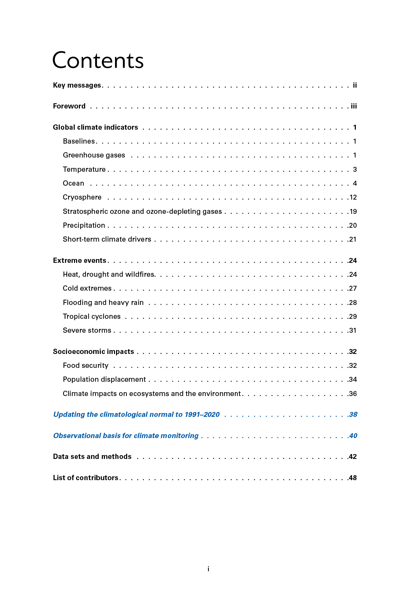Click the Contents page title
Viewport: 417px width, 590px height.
(x=98, y=60)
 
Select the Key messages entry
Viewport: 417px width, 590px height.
(x=77, y=85)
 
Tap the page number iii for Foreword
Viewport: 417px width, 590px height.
(x=354, y=106)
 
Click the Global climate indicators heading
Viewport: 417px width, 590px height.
(x=95, y=127)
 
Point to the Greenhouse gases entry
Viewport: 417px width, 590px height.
(x=94, y=155)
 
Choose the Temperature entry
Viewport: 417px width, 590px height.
(x=84, y=169)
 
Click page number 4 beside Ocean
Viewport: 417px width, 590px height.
(x=355, y=183)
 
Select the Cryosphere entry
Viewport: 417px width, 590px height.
(x=82, y=197)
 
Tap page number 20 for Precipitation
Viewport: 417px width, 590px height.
(x=353, y=225)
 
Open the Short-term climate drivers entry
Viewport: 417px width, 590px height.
(x=107, y=239)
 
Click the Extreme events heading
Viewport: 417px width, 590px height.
(x=80, y=260)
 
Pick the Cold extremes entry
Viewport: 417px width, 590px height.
(x=87, y=288)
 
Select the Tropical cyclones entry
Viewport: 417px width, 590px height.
(x=91, y=316)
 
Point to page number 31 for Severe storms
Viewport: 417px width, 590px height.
(x=353, y=330)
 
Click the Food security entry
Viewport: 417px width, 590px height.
(x=85, y=365)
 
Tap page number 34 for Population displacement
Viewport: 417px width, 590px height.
(x=353, y=379)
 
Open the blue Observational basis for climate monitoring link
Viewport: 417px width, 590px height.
(x=126, y=436)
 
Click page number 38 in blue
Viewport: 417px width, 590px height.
(x=353, y=414)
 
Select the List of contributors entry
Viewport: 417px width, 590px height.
(x=85, y=478)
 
